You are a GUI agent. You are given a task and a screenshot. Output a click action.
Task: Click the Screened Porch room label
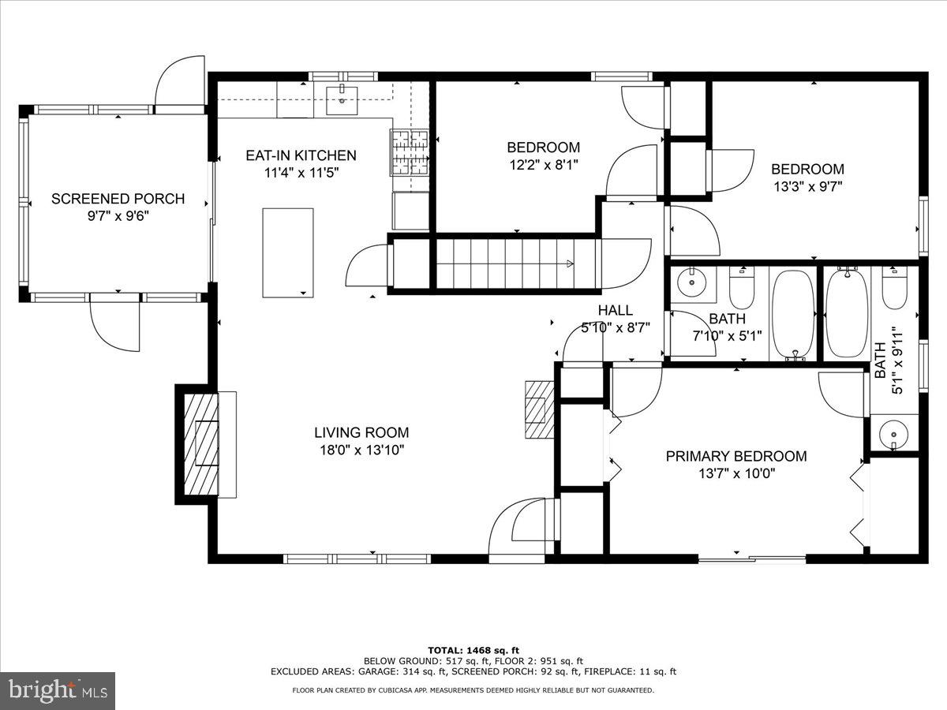[118, 199]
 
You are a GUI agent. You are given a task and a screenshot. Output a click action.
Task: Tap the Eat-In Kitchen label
[301, 155]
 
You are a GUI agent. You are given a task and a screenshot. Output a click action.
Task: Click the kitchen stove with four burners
[409, 151]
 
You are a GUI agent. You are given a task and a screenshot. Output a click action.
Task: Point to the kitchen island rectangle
[288, 252]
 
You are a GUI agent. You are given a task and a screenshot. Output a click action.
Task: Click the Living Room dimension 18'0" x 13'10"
[361, 450]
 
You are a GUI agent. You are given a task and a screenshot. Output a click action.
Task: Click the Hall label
[615, 310]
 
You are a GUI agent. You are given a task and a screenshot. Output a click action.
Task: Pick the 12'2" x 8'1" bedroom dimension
[543, 166]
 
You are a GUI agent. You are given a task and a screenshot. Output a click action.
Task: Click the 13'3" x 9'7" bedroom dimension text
[807, 187]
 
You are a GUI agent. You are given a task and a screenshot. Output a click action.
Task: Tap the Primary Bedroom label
[736, 456]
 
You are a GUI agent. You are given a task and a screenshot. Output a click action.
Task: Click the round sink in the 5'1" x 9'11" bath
[894, 433]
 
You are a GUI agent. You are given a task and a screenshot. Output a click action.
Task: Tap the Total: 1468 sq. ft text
[473, 649]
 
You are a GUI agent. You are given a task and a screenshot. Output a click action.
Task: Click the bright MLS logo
[58, 690]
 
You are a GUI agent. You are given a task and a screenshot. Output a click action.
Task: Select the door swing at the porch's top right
[180, 81]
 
